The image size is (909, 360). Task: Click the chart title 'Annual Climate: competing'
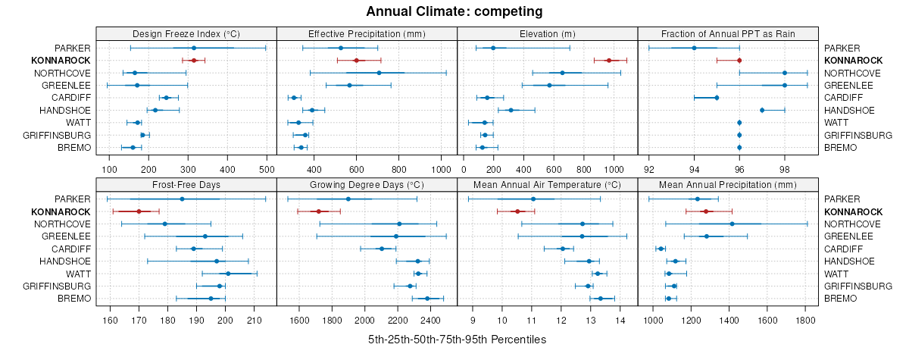coord(454,11)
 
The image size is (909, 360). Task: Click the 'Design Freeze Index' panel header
coord(186,33)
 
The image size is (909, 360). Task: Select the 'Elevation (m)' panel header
coord(548,33)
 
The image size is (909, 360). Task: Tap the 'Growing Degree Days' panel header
coord(367,184)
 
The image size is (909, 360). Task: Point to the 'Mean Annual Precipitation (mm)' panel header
coord(728,184)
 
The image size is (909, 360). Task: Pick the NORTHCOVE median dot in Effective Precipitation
coord(379,73)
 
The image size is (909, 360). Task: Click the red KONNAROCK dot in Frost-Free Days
coord(139,211)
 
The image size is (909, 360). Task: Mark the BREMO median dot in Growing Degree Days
coord(427,299)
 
